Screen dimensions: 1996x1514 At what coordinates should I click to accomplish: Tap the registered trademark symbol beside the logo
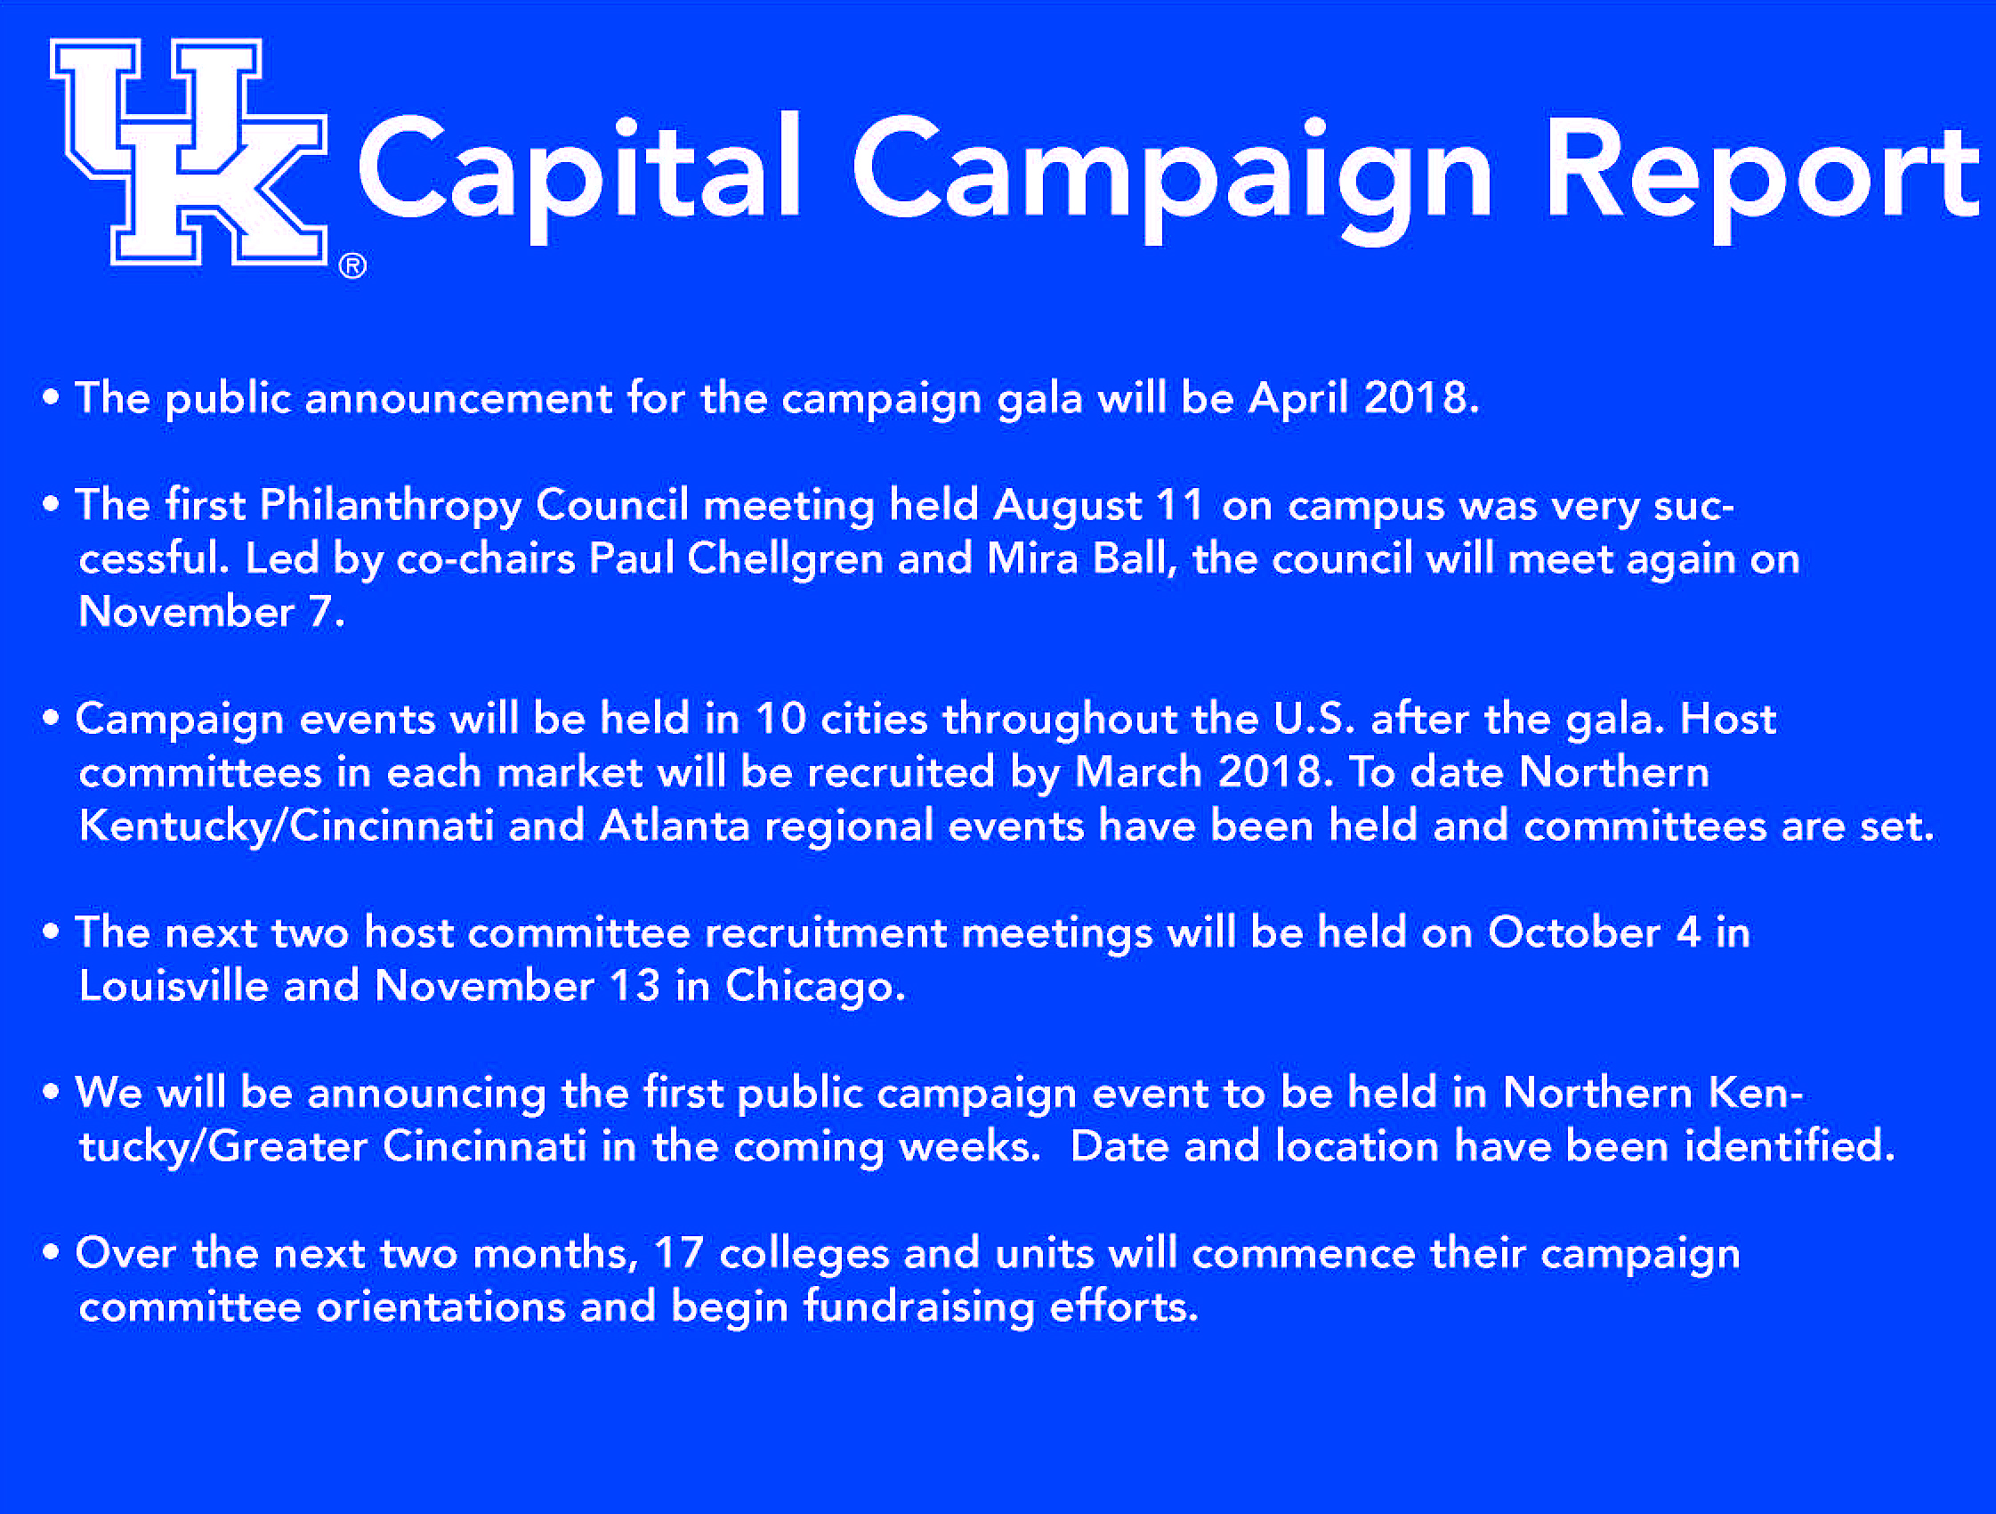[352, 266]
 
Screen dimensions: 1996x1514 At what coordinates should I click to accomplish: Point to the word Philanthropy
[391, 507]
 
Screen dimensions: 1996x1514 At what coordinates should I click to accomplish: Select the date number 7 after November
[320, 612]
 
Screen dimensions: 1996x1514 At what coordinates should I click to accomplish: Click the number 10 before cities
[780, 720]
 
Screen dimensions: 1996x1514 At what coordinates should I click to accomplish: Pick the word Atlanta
[674, 826]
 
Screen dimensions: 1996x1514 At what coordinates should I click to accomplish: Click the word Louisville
[174, 986]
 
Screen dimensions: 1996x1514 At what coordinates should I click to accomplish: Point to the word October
[1573, 932]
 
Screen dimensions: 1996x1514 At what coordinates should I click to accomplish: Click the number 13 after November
[634, 986]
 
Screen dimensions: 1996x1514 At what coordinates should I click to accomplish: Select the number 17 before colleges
[679, 1253]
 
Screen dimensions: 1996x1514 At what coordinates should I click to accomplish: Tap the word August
[1069, 507]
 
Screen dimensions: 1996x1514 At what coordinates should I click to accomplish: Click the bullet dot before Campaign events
[51, 719]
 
